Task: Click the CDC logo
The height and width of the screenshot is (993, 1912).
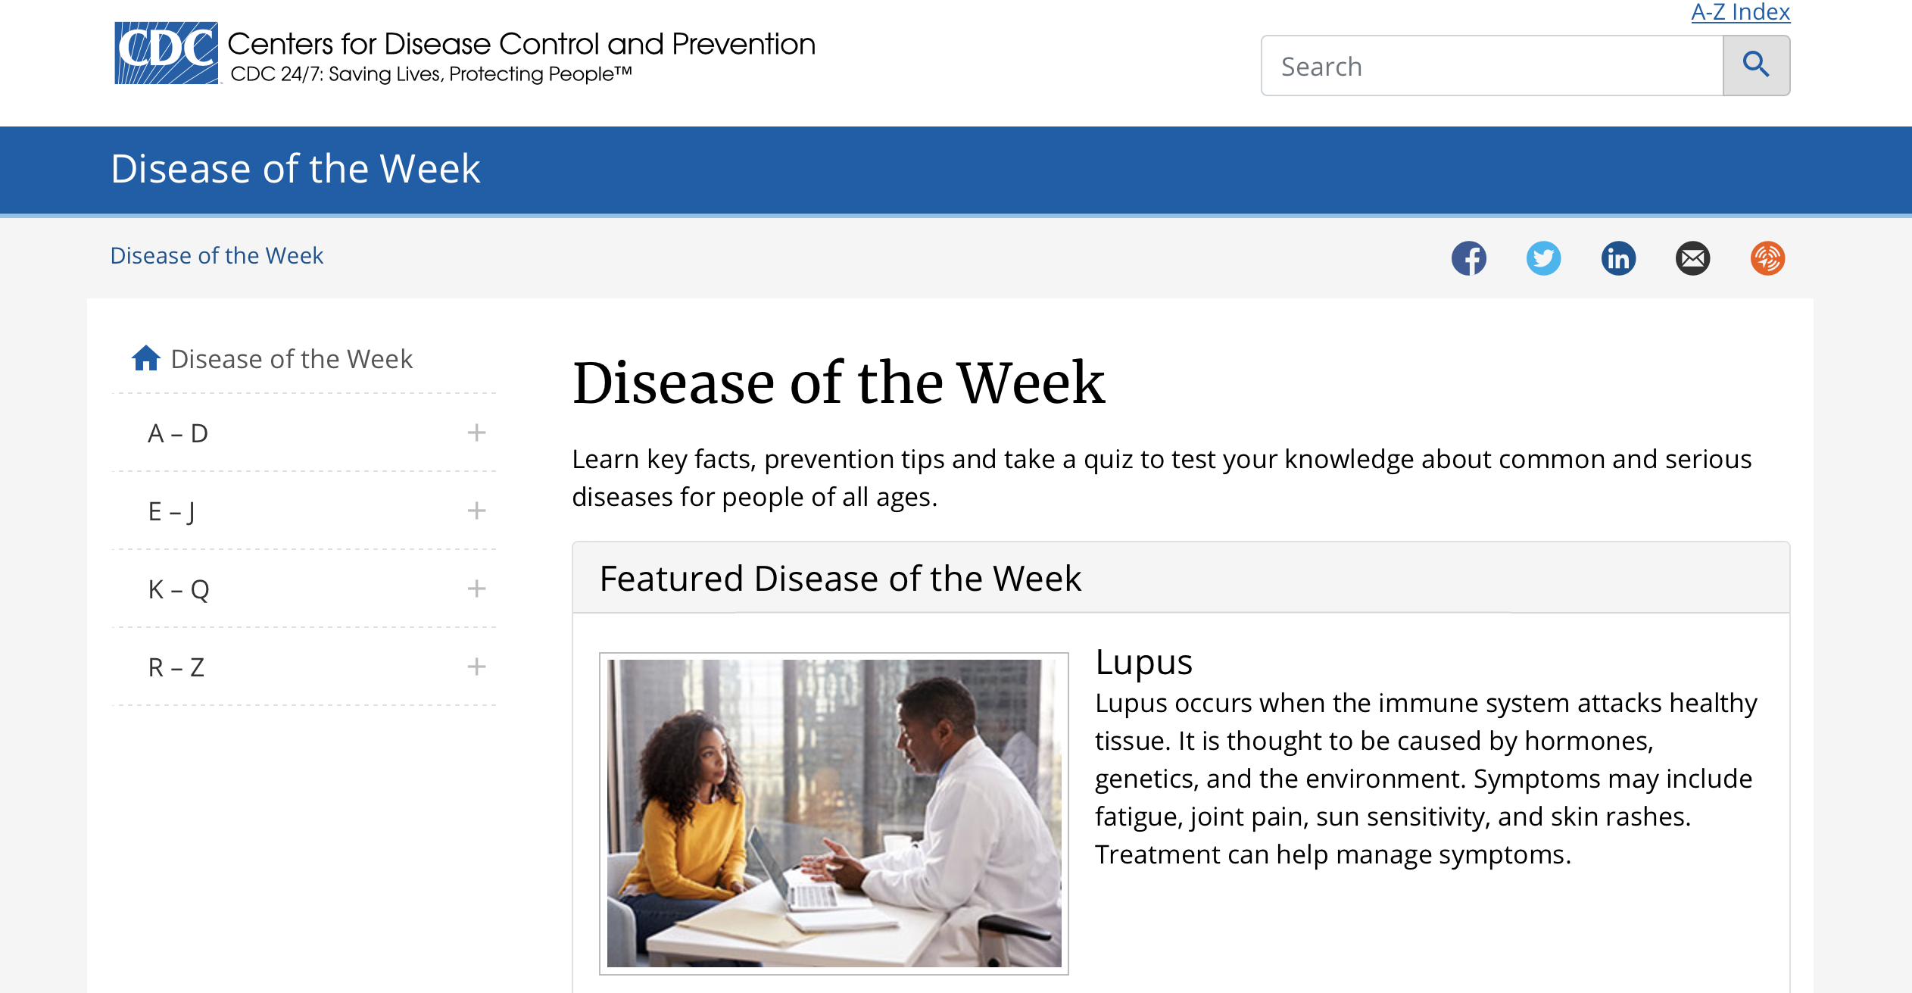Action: click(166, 53)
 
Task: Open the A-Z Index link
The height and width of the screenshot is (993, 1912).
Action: click(1740, 12)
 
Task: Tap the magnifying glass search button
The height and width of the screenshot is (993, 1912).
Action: click(1756, 66)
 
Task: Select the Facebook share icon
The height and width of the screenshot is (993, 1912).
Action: click(1468, 258)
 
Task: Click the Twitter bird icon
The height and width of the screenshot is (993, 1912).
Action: click(1543, 258)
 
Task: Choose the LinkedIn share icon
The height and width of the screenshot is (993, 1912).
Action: click(1618, 258)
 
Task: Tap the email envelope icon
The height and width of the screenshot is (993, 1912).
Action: click(1692, 258)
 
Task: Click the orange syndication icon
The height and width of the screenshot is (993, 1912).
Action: click(1767, 258)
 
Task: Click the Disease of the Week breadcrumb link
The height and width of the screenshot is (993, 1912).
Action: click(217, 256)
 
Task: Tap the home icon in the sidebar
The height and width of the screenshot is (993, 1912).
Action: click(146, 358)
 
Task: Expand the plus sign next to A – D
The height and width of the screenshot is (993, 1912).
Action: click(476, 432)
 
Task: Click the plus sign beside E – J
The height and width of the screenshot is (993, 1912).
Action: click(476, 511)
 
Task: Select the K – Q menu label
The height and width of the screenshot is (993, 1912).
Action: click(179, 589)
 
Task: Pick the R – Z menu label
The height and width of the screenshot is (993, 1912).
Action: click(176, 667)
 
